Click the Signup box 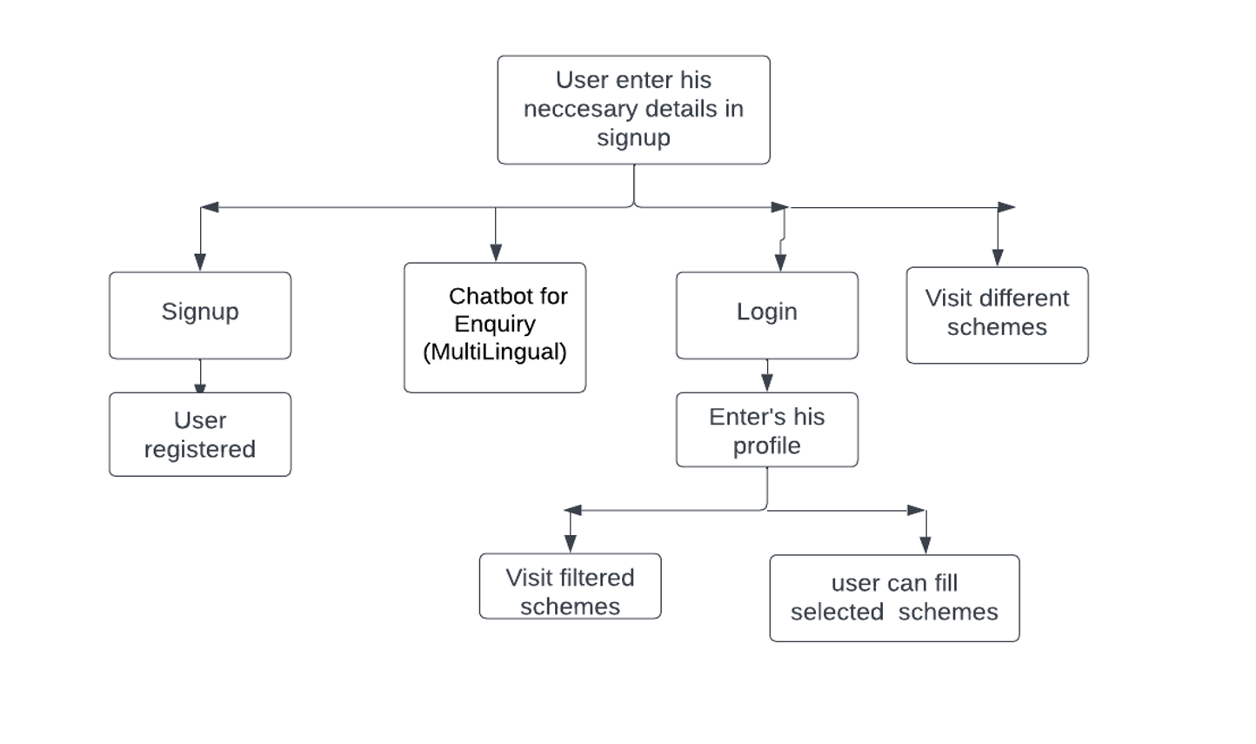pos(200,315)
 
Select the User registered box pos(200,434)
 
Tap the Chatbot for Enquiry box pos(495,327)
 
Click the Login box pos(766,315)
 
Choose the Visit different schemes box pos(997,315)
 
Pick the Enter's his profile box pos(766,430)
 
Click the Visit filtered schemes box pos(570,586)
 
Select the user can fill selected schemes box pos(894,598)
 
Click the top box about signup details pos(633,110)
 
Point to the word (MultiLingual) pos(495,352)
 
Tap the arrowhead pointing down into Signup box pos(200,262)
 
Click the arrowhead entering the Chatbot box pos(496,252)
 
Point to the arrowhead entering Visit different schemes pos(998,257)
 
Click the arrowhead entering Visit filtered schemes pos(571,544)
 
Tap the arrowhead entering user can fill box pos(925,545)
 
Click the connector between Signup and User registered pos(200,376)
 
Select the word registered pos(200,449)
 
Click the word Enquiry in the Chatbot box pos(495,324)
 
